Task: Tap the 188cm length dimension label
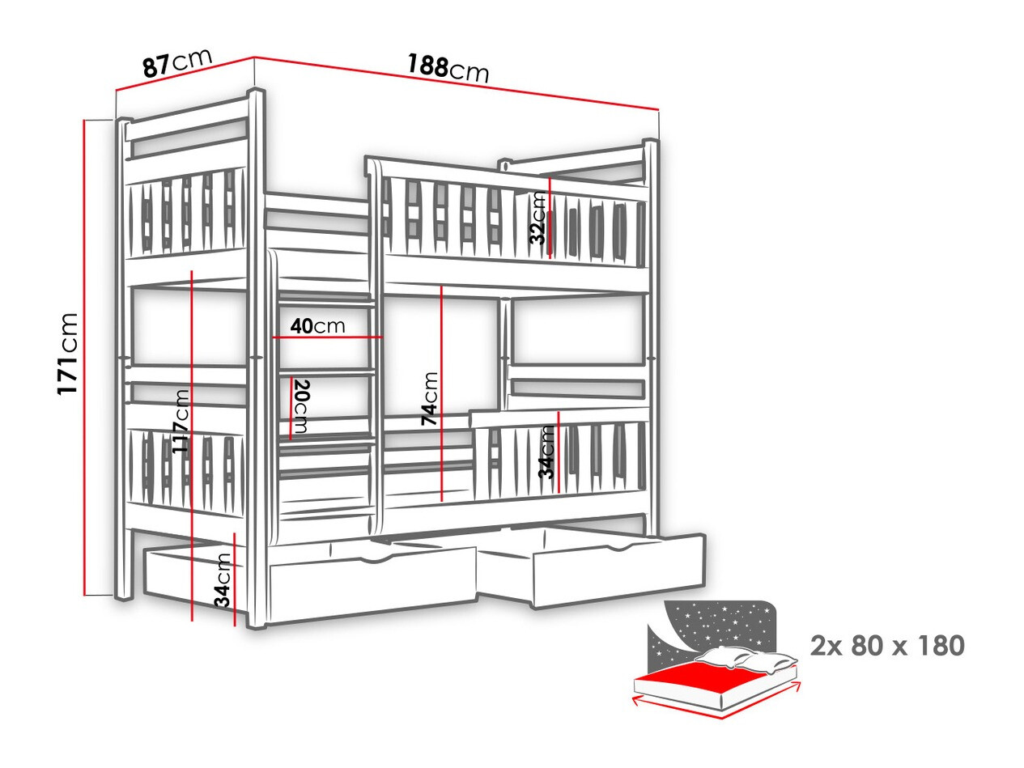pos(448,68)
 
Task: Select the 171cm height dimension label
pos(67,354)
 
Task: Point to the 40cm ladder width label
pos(317,326)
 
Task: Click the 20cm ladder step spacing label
pos(300,406)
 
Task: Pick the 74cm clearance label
pos(429,399)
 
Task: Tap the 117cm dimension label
pos(181,421)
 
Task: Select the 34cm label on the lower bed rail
pos(546,452)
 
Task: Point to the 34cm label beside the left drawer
pos(223,580)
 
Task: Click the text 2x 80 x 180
pos(887,646)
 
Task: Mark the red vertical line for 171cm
pos(84,358)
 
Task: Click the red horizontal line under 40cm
pos(328,337)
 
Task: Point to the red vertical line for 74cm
pos(441,394)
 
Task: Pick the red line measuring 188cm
pos(457,90)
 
